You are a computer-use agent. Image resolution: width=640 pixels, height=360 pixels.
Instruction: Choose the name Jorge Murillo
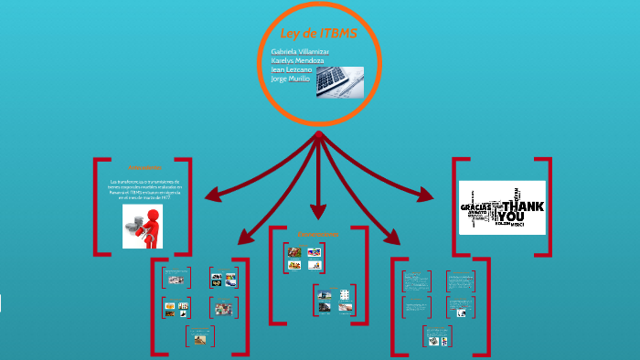tap(292, 79)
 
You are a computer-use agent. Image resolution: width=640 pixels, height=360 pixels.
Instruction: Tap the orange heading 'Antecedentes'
tap(144, 168)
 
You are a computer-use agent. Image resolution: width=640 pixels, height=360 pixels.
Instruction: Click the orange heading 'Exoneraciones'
tap(317, 236)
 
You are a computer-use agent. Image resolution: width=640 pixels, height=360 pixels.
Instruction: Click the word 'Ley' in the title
tap(290, 35)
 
